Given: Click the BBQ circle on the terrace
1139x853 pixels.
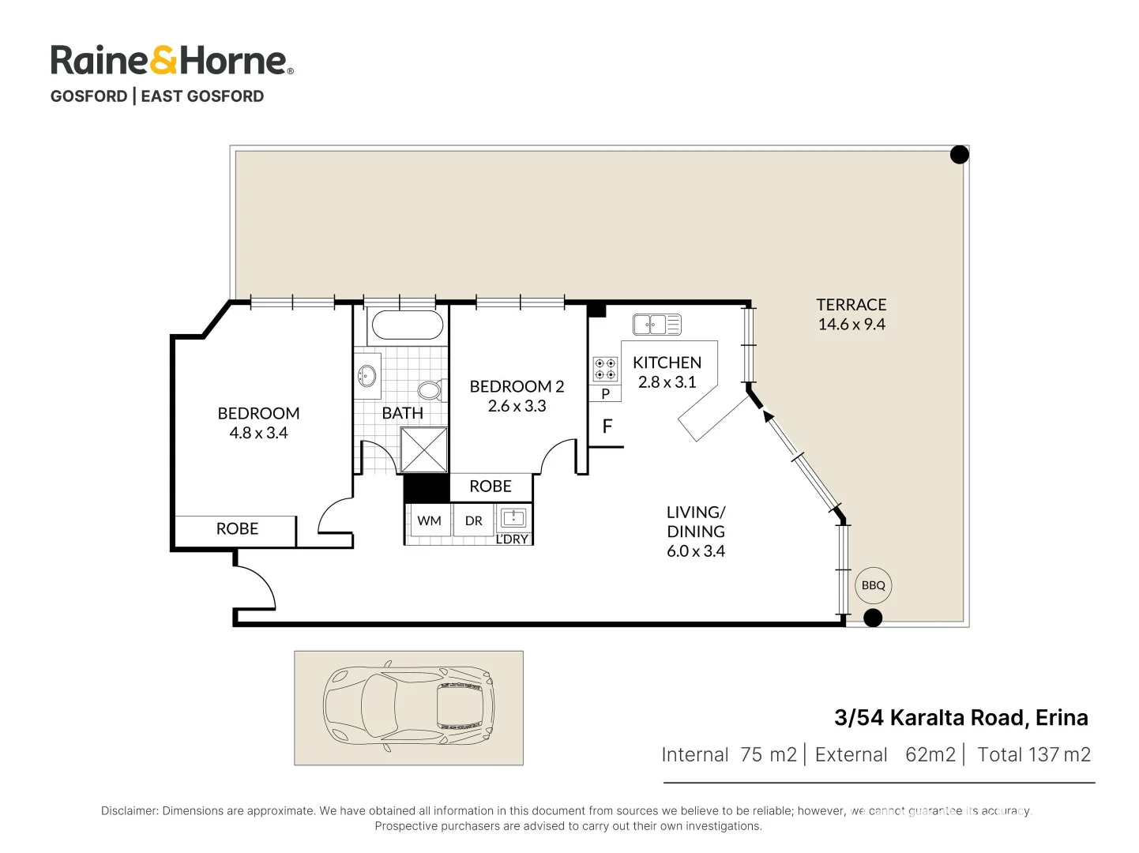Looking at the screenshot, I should coord(873,585).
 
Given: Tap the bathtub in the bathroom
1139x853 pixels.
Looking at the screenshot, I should coord(407,325).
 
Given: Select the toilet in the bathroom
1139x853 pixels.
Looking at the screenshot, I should coord(430,389).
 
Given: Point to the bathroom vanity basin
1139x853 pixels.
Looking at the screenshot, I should coord(367,375).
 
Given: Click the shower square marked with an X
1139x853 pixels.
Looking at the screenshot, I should coord(424,450).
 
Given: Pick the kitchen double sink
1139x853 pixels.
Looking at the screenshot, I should coord(656,324).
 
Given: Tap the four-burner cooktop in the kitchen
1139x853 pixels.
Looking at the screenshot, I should coord(605,369).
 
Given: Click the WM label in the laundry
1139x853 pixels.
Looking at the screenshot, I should coord(429,521).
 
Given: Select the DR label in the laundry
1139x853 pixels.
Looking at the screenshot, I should coord(474,521).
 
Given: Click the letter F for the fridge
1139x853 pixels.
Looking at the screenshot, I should coord(607,426).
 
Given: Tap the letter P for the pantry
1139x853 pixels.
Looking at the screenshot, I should coord(606,393).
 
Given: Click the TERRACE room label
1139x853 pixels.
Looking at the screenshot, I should coord(851,305).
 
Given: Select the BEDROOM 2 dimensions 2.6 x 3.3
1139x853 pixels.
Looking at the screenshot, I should coord(517,406).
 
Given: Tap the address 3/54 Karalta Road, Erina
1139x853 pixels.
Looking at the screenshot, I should coord(960,717).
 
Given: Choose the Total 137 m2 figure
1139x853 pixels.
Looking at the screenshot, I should coord(1033,755).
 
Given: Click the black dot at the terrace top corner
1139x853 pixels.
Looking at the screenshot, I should coord(959,155).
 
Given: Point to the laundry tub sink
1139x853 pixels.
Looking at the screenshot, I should coord(513,518).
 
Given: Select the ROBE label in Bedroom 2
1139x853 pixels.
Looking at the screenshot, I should coord(491,487).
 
